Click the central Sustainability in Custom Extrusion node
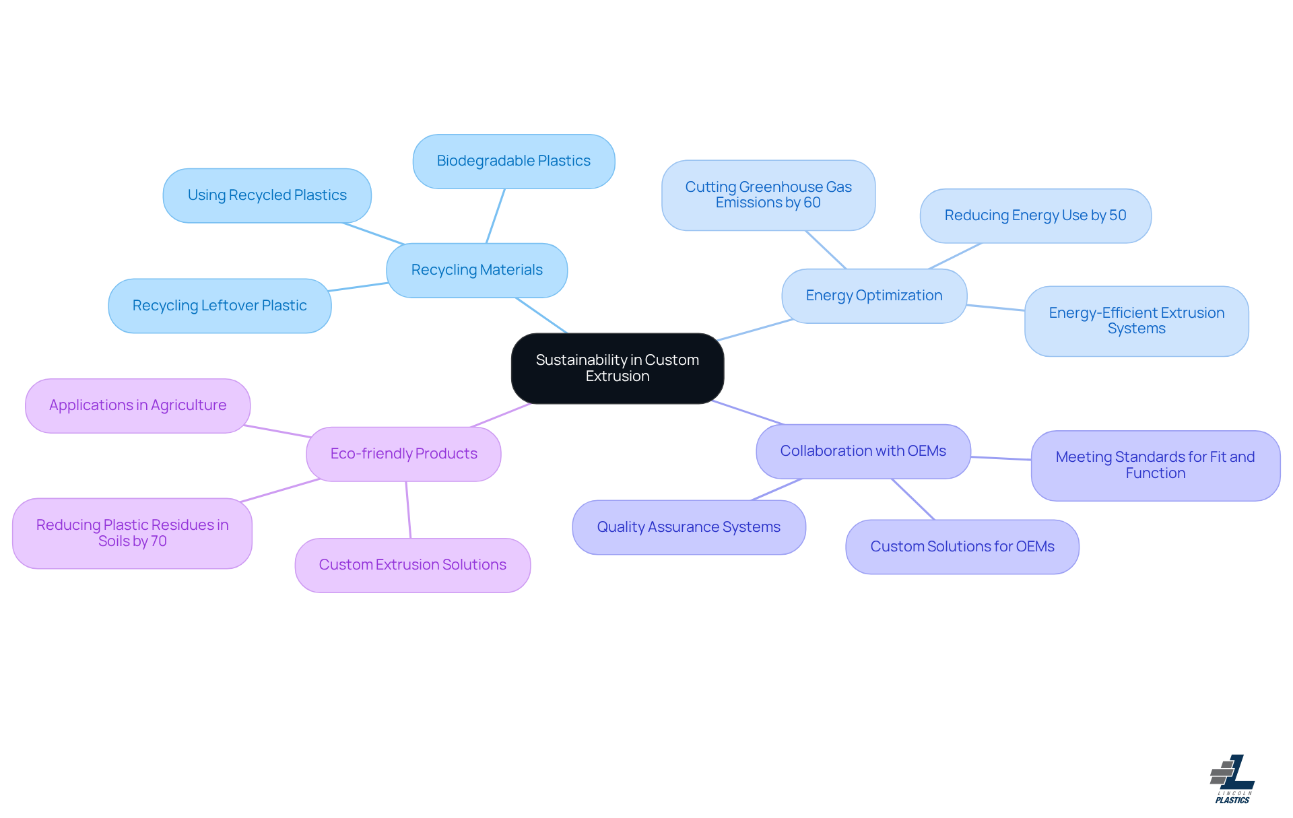[617, 368]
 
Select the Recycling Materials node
[477, 270]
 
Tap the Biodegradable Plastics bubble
[513, 161]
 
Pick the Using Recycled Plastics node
[267, 195]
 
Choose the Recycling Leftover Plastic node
[220, 306]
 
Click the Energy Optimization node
[873, 296]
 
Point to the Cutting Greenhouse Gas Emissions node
[768, 195]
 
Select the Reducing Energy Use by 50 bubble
[1035, 215]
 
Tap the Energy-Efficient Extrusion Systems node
[1136, 320]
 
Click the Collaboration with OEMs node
[863, 451]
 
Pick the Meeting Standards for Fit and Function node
[1155, 465]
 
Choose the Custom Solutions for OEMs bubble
[962, 547]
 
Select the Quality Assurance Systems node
[688, 527]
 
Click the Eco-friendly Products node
[403, 454]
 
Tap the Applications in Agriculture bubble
[137, 405]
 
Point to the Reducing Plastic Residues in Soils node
[132, 533]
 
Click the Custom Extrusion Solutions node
[412, 565]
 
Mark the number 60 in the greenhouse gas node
[811, 203]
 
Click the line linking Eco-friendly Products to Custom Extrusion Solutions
[408, 510]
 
